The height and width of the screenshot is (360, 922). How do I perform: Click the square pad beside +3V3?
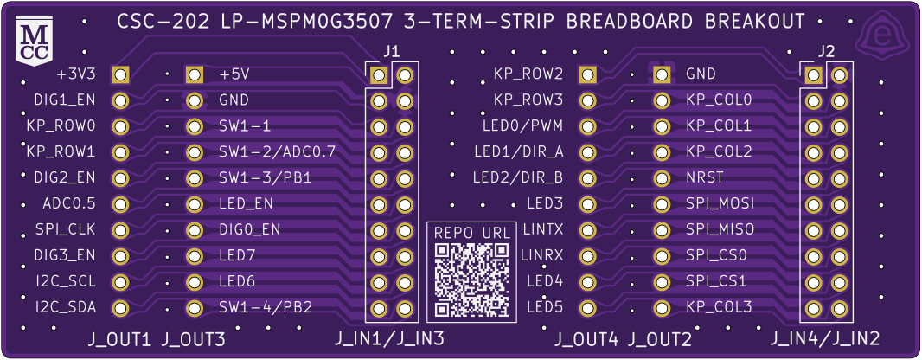[121, 75]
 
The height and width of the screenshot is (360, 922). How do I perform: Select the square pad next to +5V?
[194, 75]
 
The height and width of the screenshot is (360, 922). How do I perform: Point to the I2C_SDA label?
[66, 307]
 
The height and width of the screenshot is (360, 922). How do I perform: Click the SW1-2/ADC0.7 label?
[277, 152]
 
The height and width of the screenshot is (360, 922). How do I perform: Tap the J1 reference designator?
[391, 52]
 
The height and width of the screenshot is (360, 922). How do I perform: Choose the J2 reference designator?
[825, 52]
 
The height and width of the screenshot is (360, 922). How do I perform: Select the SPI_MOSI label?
[720, 204]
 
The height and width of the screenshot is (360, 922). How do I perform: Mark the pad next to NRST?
[663, 178]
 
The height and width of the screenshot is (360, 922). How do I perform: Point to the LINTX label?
[543, 230]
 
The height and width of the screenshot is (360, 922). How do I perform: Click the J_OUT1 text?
[120, 339]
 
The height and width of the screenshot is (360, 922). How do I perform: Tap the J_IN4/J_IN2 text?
[825, 338]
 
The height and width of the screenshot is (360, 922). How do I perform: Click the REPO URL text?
[471, 234]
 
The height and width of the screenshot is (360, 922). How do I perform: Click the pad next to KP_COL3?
[663, 307]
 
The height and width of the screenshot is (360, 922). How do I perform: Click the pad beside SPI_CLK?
[121, 230]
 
